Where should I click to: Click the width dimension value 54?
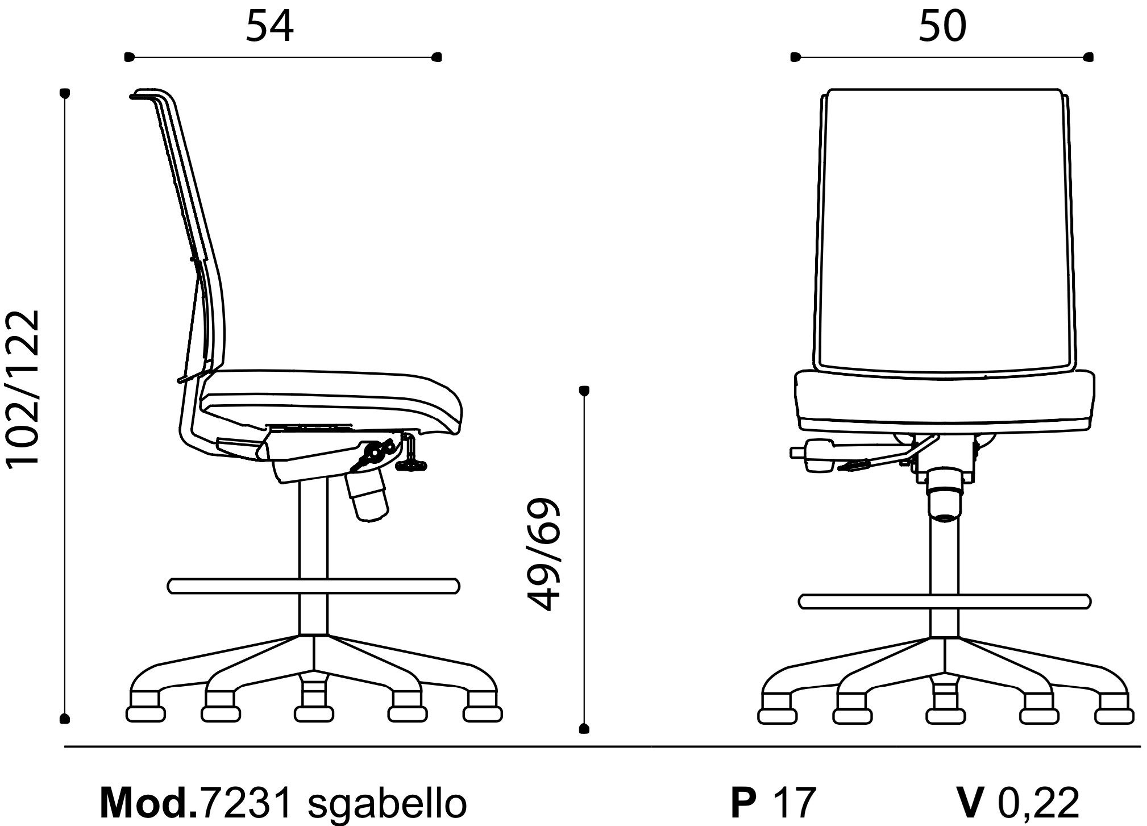[269, 27]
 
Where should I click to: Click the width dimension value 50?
[942, 27]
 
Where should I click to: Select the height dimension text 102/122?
[23, 388]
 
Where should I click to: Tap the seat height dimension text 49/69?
[545, 555]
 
